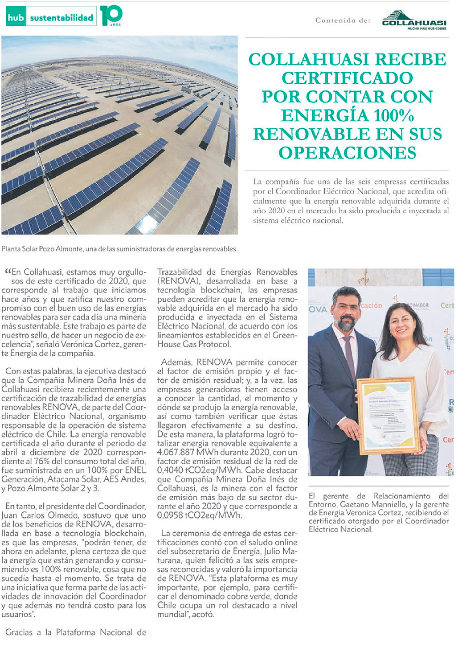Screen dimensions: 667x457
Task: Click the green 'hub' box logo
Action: pos(15,18)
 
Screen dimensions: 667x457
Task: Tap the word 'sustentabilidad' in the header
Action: pos(61,18)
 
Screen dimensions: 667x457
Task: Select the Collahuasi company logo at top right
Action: pos(414,21)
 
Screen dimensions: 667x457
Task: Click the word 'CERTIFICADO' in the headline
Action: pos(347,78)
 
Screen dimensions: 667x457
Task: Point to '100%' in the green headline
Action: pos(393,116)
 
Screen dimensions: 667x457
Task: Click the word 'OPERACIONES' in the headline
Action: pos(347,153)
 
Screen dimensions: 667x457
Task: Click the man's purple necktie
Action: pos(349,356)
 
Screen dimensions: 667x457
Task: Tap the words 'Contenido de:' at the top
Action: pos(343,21)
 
